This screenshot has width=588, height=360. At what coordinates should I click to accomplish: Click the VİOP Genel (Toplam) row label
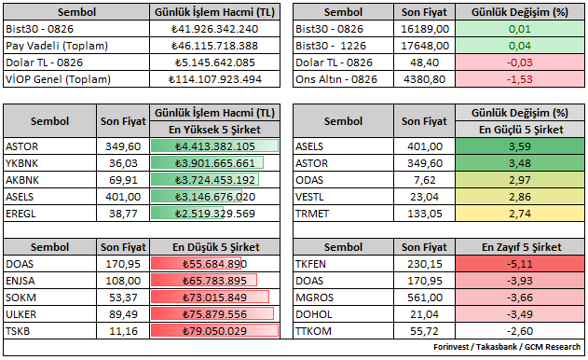58,79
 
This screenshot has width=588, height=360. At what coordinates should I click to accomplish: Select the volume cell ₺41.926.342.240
214,29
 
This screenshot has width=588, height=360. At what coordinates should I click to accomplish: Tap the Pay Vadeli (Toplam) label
57,46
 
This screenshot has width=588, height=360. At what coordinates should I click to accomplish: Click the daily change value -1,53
520,79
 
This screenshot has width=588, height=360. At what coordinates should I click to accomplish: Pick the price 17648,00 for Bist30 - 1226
425,46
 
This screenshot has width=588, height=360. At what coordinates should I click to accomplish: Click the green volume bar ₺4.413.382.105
214,146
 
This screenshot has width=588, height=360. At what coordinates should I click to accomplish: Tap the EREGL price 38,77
123,214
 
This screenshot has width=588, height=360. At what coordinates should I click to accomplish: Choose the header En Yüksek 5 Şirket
214,130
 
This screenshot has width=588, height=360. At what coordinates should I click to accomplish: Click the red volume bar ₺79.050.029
214,331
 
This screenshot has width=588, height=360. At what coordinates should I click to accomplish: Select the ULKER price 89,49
123,314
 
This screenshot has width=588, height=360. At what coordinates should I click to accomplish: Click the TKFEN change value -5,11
520,264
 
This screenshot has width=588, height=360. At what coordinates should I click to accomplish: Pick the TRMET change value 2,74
520,214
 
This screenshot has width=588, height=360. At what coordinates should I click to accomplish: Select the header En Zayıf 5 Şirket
521,247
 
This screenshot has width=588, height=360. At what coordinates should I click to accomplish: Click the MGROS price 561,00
425,298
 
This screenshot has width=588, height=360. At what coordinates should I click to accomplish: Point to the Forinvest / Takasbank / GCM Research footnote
507,347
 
